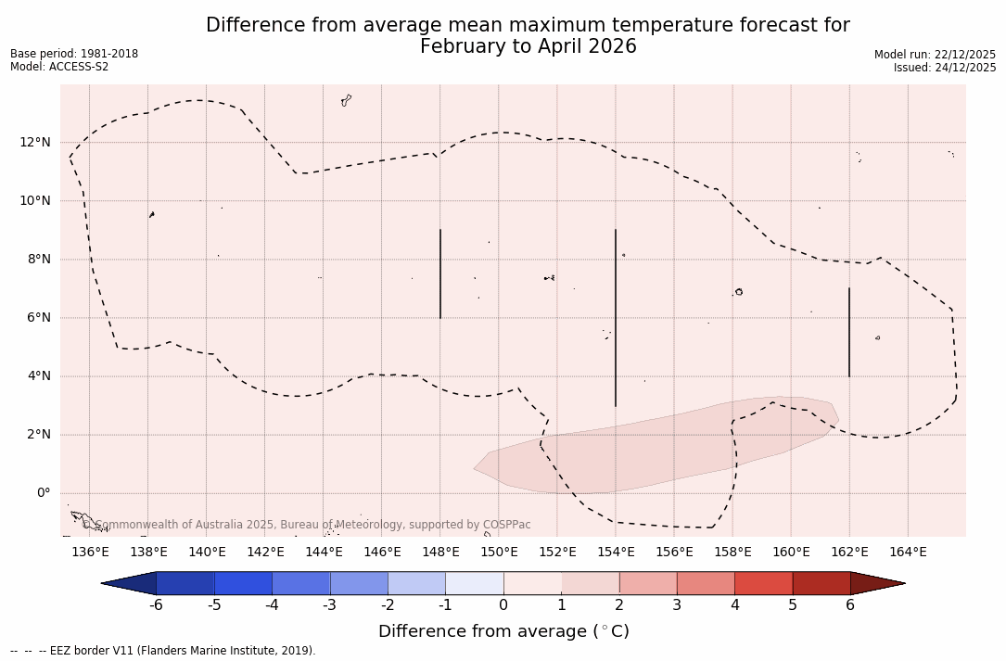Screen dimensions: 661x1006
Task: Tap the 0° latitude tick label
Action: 43,493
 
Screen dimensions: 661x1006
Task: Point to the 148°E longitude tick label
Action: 440,553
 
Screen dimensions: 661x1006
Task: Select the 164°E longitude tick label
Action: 908,553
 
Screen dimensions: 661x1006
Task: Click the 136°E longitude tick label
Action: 90,553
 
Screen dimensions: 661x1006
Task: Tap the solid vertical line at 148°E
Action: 440,273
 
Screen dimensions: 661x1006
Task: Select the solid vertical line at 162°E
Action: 849,332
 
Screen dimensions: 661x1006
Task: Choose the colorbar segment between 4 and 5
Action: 763,583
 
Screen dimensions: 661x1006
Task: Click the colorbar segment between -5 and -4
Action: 243,583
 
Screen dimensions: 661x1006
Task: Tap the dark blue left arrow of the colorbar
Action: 130,583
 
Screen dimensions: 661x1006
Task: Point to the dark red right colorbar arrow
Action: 876,583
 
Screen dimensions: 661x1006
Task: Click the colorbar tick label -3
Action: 329,605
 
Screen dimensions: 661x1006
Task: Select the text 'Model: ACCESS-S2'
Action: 59,67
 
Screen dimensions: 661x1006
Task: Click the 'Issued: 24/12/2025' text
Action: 945,68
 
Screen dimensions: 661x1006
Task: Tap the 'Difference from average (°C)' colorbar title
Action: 503,631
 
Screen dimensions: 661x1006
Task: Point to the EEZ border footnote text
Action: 162,651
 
